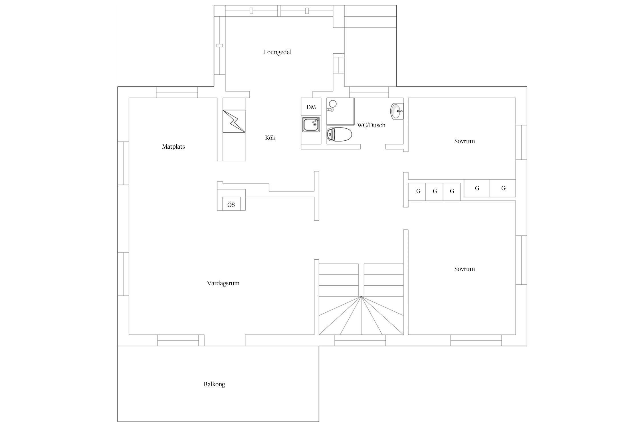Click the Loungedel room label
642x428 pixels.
tap(277, 52)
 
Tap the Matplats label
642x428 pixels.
tap(173, 147)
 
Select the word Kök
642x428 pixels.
tap(270, 138)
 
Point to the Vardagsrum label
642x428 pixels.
tap(223, 283)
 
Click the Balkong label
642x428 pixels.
tap(214, 384)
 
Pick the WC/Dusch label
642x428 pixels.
tap(371, 125)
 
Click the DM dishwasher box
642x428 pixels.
tap(311, 107)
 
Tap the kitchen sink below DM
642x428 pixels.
tap(311, 125)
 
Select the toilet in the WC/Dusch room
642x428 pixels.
tap(339, 135)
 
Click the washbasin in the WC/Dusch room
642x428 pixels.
tap(397, 111)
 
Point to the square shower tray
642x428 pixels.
tap(340, 112)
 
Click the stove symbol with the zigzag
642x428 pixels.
tap(234, 121)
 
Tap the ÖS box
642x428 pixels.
tap(231, 204)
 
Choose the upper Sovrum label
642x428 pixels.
tap(465, 141)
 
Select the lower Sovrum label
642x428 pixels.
tap(465, 269)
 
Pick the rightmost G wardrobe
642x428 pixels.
tap(503, 188)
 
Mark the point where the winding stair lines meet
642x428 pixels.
tap(361, 297)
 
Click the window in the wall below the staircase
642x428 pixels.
tap(360, 340)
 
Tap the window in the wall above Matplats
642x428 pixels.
tap(177, 92)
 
